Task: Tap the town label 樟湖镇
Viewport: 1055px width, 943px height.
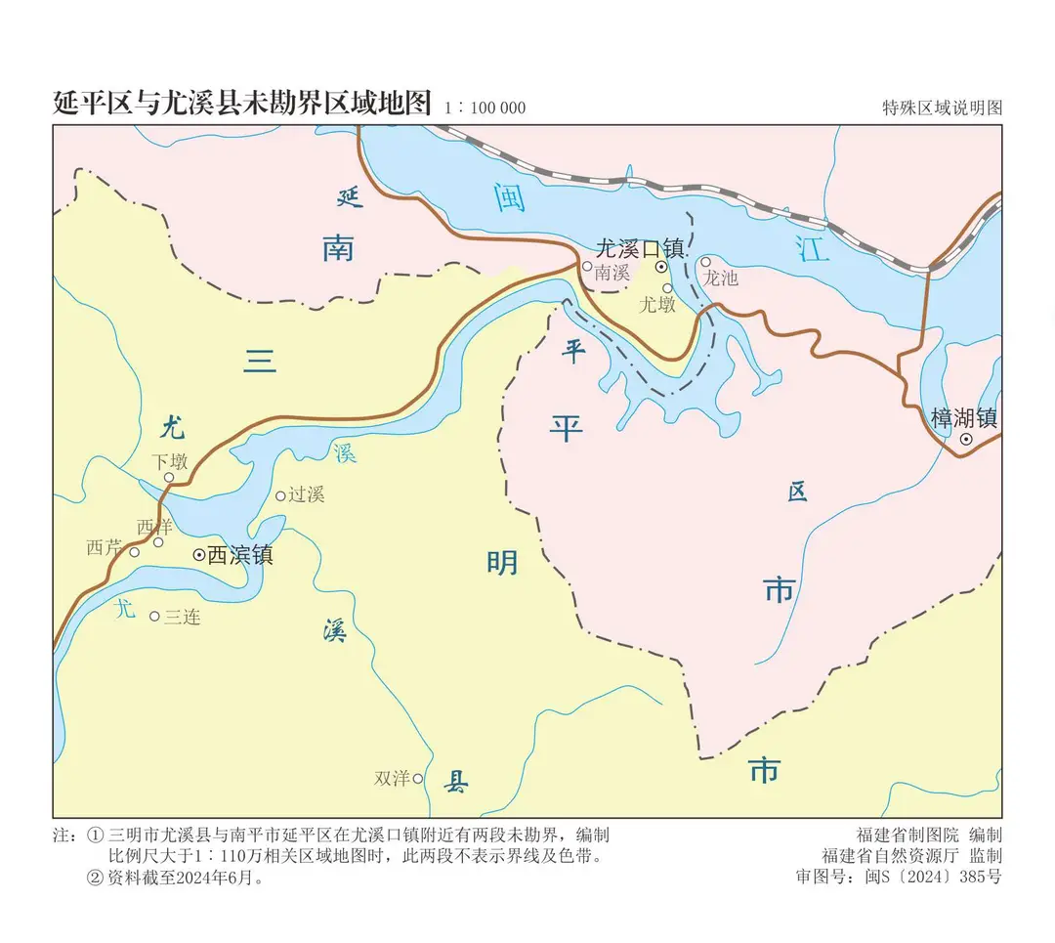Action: click(963, 418)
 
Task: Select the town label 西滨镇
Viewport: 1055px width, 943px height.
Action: click(240, 555)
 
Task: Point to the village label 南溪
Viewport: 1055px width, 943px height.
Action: click(612, 273)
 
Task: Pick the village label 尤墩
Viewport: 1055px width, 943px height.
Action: click(657, 305)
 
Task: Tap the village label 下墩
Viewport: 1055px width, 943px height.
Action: click(169, 461)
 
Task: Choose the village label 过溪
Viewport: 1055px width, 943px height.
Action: click(306, 494)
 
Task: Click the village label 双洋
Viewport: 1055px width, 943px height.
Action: click(392, 779)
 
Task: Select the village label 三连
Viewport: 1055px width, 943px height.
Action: click(183, 617)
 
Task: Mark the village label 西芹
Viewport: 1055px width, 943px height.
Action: click(105, 547)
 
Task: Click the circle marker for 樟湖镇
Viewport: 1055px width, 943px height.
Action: click(966, 440)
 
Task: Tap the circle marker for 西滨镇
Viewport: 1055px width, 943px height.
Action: click(199, 554)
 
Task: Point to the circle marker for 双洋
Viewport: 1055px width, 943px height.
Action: click(417, 779)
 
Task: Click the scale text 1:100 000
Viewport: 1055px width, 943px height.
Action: click(485, 107)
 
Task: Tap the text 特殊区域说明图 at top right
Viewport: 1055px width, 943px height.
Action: click(942, 107)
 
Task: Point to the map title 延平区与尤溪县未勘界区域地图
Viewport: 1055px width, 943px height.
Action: click(242, 104)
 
